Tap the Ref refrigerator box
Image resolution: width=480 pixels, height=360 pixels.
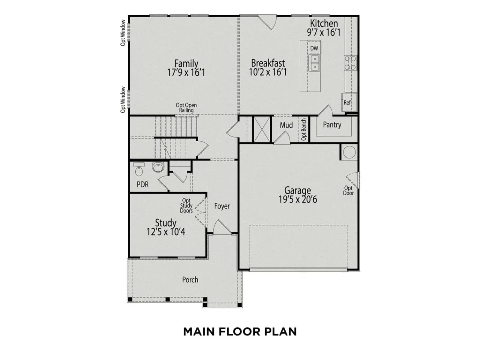[x=349, y=102]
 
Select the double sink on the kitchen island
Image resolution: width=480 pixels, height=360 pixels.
[x=314, y=63]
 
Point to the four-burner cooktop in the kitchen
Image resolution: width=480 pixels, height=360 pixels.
[x=350, y=63]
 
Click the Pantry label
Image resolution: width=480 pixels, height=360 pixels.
[x=332, y=125]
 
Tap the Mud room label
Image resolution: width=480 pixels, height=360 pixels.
[x=286, y=125]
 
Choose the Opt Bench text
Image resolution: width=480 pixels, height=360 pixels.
[x=304, y=129]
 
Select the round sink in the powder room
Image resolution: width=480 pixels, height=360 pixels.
[x=158, y=167]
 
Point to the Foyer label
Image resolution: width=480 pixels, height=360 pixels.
[x=222, y=206]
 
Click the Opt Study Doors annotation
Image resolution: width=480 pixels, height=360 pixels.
[x=186, y=205]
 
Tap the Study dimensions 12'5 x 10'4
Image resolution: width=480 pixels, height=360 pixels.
[x=166, y=232]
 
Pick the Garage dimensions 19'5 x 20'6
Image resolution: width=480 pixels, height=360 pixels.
[x=298, y=199]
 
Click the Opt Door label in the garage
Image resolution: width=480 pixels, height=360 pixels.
[x=348, y=190]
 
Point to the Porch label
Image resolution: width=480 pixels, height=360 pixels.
[x=190, y=280]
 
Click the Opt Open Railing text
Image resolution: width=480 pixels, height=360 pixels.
[x=186, y=107]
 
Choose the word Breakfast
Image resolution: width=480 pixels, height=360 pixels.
[x=268, y=63]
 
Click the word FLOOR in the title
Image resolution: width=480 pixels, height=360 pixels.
[x=240, y=331]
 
